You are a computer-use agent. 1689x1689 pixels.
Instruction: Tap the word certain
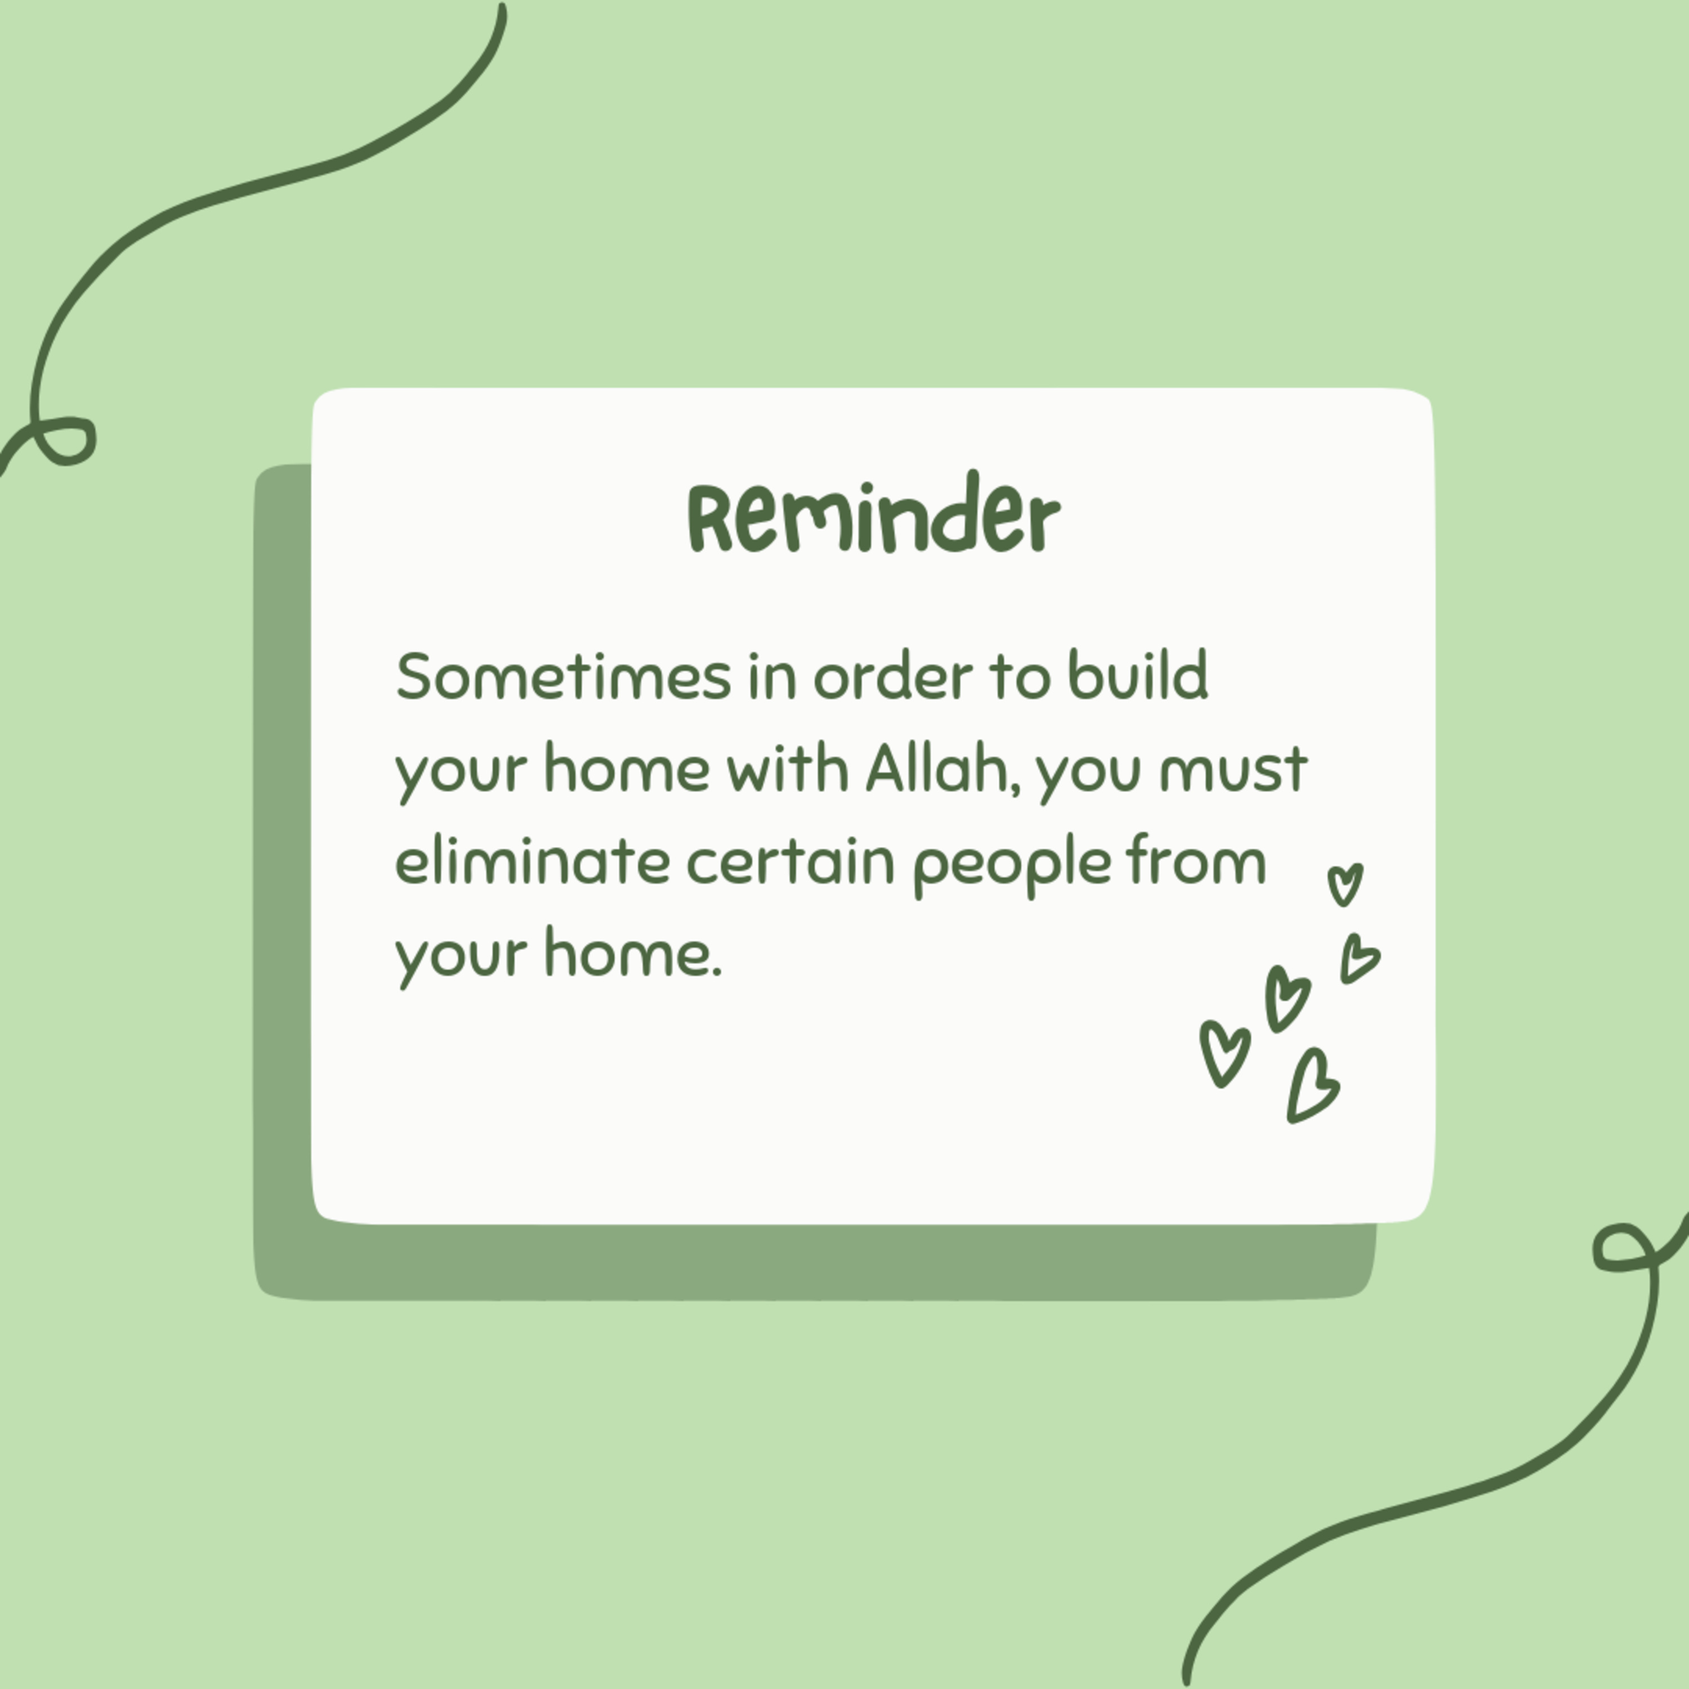click(x=790, y=862)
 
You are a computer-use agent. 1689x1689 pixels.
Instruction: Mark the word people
click(x=1012, y=865)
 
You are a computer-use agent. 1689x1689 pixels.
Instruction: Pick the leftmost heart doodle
click(x=1225, y=1053)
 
